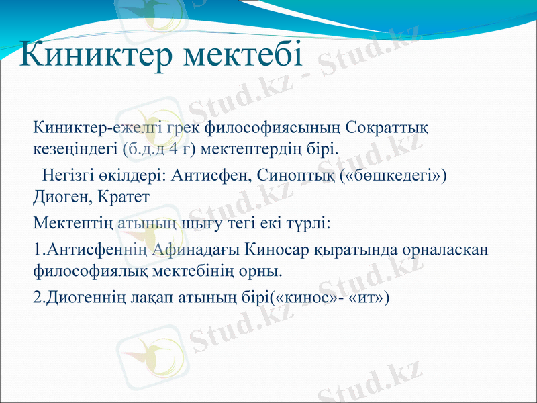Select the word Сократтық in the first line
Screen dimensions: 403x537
click(x=390, y=126)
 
